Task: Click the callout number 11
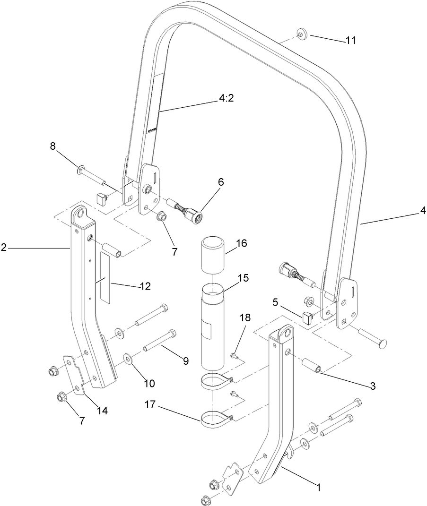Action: pos(350,41)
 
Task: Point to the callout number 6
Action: pos(221,182)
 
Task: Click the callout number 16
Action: pos(242,243)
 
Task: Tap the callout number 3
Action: pos(373,386)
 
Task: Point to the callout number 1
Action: pos(319,487)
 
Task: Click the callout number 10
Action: pos(149,384)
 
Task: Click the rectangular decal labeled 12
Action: pos(105,277)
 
